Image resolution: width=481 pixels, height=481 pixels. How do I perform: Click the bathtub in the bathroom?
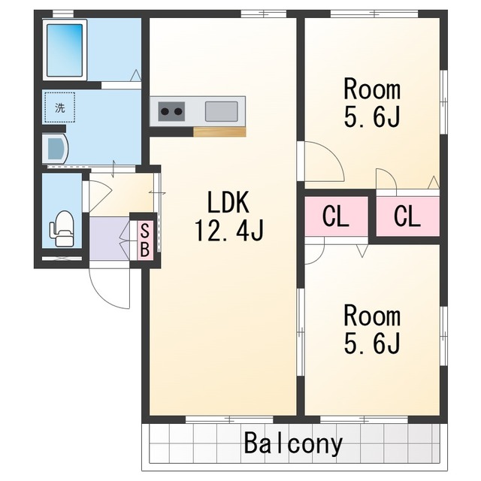click(65, 50)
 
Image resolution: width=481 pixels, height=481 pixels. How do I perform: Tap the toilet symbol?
click(62, 228)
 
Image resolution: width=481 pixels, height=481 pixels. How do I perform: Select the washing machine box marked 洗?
click(60, 107)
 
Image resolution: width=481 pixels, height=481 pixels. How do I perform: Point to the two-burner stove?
click(172, 111)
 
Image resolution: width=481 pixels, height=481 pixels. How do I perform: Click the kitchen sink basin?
click(221, 111)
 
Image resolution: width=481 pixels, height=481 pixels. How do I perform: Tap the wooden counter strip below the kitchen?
click(219, 132)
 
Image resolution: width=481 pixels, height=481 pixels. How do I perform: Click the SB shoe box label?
click(144, 240)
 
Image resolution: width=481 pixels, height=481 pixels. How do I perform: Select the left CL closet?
click(336, 216)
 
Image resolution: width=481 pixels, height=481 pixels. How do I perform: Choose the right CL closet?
click(407, 216)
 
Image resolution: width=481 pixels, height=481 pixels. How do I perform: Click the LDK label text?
click(228, 202)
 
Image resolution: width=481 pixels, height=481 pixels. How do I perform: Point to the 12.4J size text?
click(228, 231)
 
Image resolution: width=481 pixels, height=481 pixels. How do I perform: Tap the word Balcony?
click(293, 444)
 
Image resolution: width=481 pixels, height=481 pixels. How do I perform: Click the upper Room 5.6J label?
click(372, 103)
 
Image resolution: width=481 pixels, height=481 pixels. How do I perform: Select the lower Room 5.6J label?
click(372, 330)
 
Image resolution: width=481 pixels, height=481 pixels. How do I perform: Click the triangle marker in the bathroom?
click(135, 75)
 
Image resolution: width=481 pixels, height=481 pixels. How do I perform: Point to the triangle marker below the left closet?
click(362, 251)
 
